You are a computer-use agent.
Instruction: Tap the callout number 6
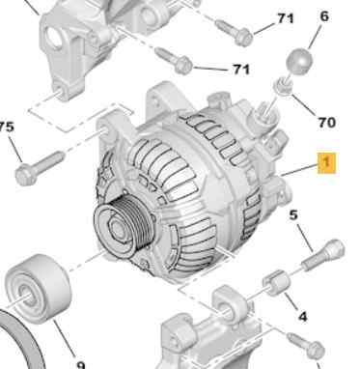click(324, 15)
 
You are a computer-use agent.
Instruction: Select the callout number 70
click(326, 123)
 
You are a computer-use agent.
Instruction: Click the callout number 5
click(293, 216)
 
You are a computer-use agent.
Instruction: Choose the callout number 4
click(302, 316)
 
